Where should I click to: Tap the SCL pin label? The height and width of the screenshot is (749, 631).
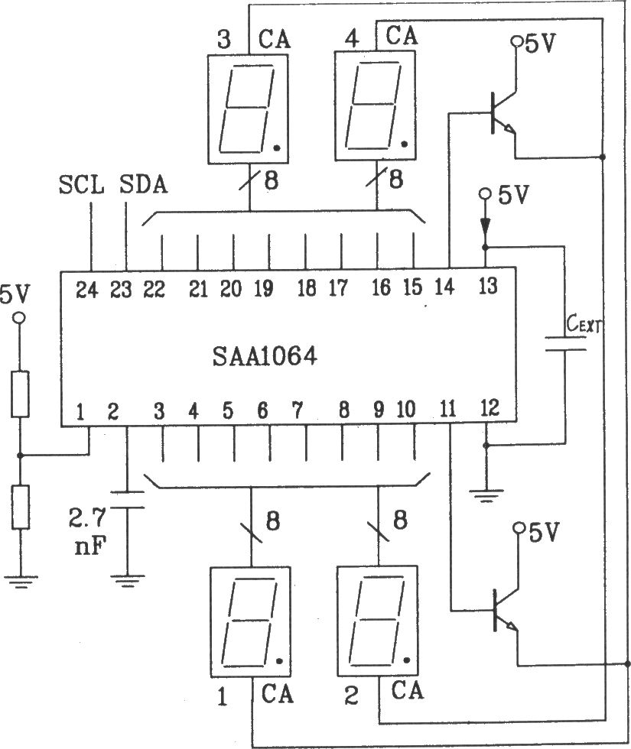click(x=80, y=186)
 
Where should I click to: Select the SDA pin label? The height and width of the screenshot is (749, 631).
click(x=145, y=186)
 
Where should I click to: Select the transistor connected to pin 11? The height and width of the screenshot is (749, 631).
click(x=501, y=610)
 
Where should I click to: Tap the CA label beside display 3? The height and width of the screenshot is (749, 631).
click(x=275, y=37)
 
